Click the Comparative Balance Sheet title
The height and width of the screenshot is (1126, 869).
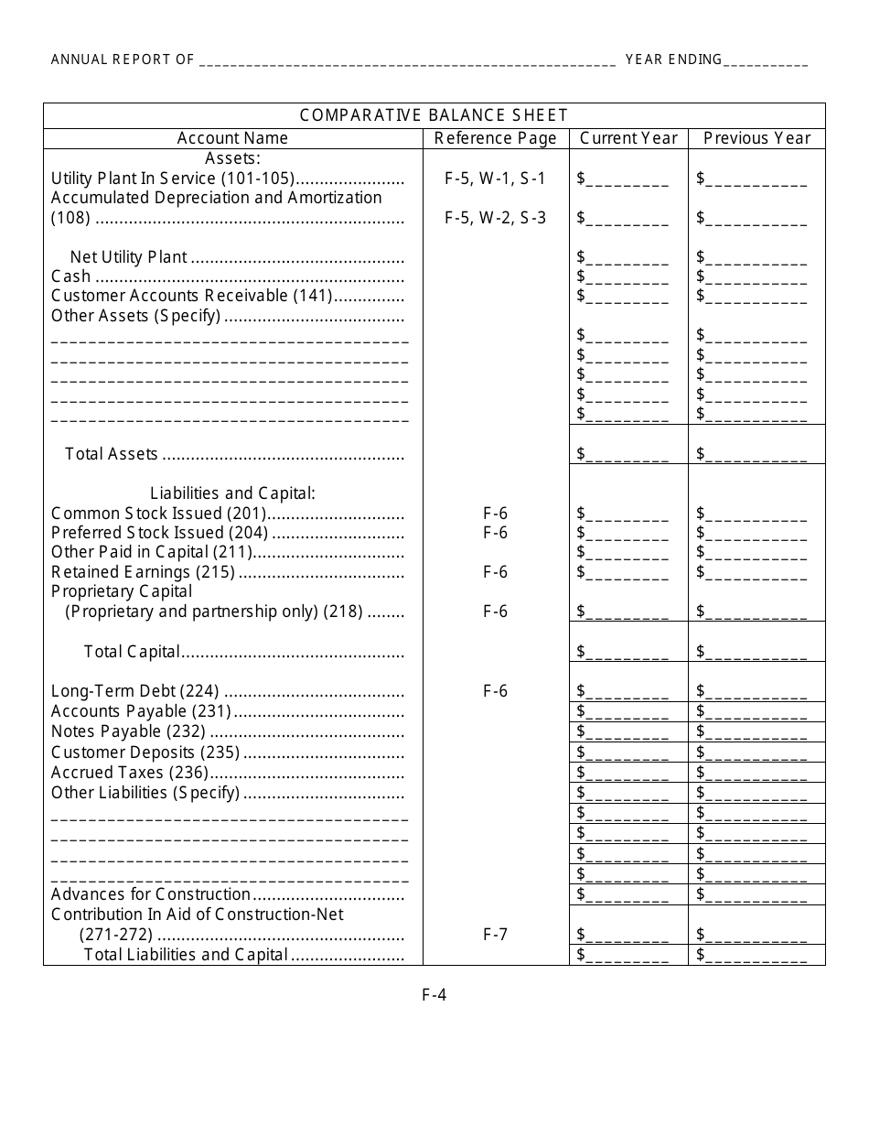point(434,115)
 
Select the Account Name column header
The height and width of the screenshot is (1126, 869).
point(232,138)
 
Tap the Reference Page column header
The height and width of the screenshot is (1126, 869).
point(495,138)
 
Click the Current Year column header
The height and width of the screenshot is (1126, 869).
point(628,138)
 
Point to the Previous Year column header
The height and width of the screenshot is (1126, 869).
point(756,138)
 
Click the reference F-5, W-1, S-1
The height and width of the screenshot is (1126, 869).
point(495,179)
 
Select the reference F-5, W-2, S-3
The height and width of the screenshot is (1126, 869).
point(495,218)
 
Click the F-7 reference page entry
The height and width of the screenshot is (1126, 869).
point(495,935)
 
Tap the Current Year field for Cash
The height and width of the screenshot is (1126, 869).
point(627,276)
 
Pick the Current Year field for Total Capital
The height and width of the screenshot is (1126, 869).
point(627,652)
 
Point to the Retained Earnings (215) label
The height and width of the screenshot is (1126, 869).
point(143,572)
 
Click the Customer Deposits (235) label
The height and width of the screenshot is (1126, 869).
point(145,752)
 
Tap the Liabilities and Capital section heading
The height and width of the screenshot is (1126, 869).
point(232,493)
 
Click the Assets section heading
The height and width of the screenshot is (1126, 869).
point(232,158)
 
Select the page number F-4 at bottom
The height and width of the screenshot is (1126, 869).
point(434,995)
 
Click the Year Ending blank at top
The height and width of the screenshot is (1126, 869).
point(766,61)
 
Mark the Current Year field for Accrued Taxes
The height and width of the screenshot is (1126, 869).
point(627,773)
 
